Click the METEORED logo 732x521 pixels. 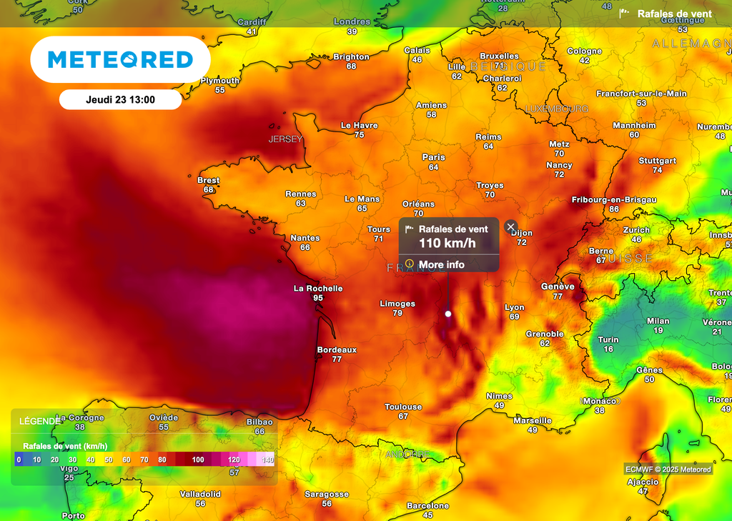click(x=120, y=59)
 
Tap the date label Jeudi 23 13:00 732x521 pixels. click(x=120, y=100)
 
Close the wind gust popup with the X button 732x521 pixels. click(x=510, y=227)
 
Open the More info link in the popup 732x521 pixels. click(x=441, y=264)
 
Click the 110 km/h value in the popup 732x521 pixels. click(x=447, y=243)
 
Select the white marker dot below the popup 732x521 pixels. click(x=448, y=314)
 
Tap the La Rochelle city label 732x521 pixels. click(x=318, y=289)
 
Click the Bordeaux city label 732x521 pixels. click(x=337, y=350)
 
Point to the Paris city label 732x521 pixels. click(x=433, y=157)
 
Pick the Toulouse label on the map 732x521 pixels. click(x=403, y=407)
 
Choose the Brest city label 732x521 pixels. click(x=208, y=180)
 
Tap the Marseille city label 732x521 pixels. click(x=533, y=421)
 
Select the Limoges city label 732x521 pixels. click(x=397, y=304)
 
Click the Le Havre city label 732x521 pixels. click(x=359, y=125)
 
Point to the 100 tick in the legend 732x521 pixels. click(x=198, y=460)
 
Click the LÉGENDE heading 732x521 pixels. click(x=40, y=421)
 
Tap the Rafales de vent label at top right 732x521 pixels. click(x=674, y=14)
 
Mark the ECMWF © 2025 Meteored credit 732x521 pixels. click(x=668, y=470)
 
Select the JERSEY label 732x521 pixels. click(x=286, y=139)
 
